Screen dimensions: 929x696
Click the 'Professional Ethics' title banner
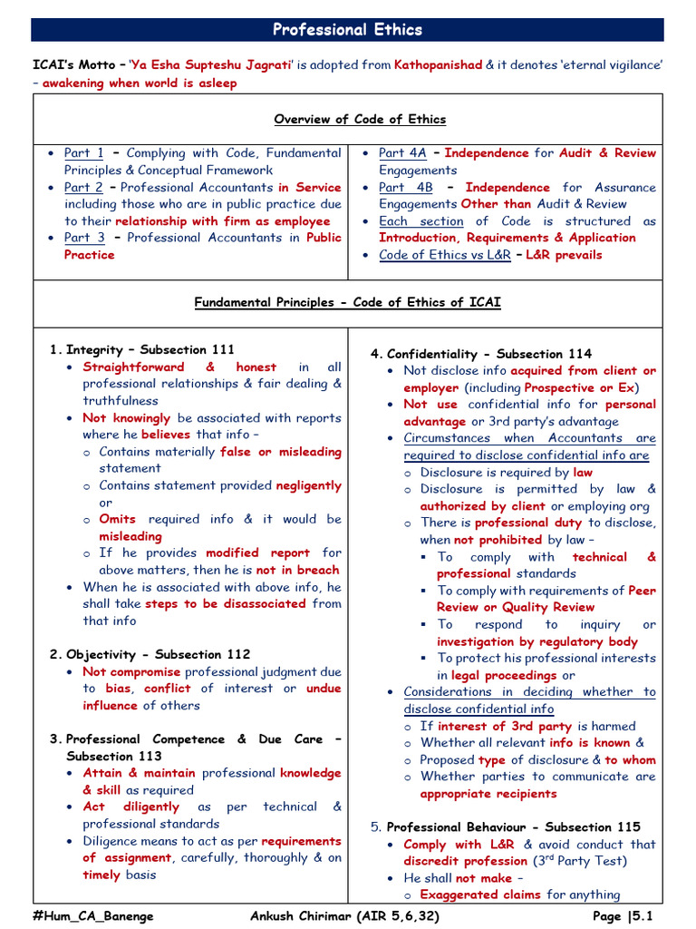pos(348,30)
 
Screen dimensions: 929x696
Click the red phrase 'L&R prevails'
pos(564,255)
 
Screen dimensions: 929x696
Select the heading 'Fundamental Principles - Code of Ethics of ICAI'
pos(348,302)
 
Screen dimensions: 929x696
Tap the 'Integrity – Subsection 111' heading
pos(150,349)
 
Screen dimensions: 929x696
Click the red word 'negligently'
pos(309,485)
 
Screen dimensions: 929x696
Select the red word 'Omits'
pos(118,519)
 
